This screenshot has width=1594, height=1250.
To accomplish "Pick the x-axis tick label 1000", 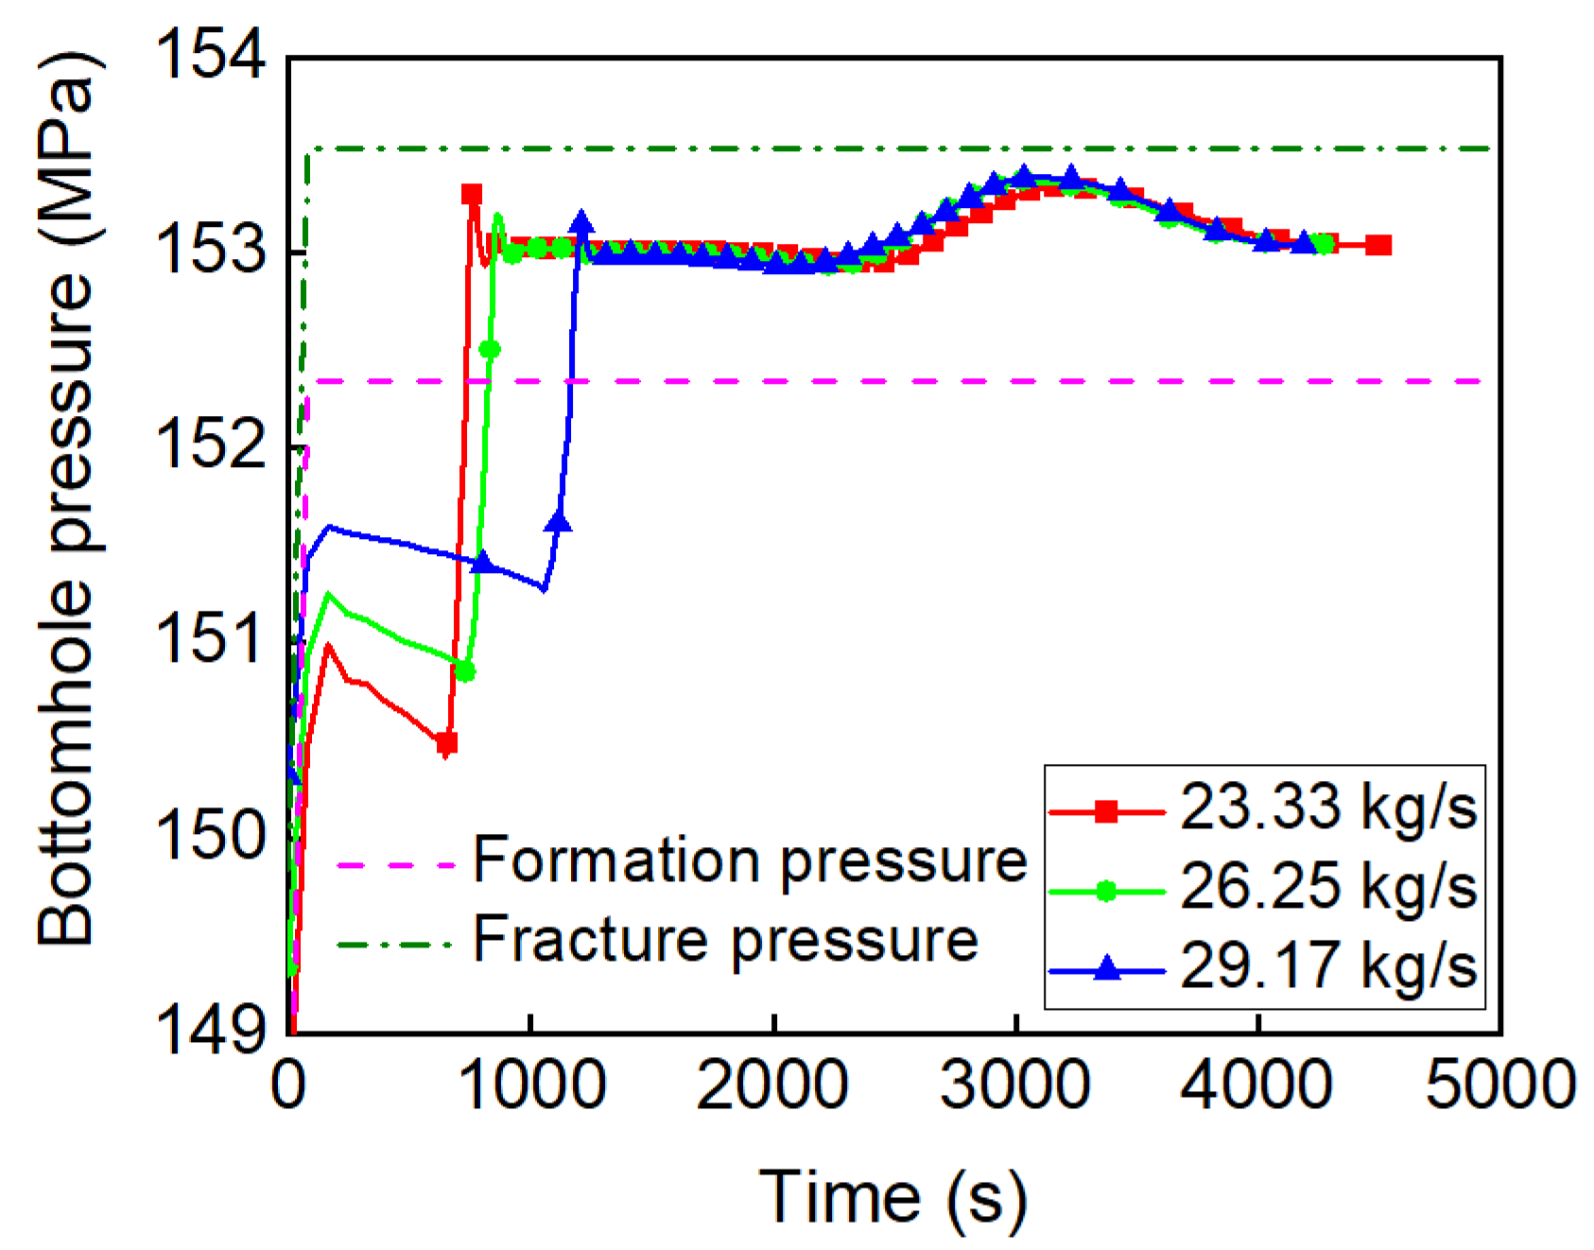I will click(x=531, y=1085).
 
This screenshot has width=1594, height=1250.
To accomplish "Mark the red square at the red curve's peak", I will click(x=471, y=194).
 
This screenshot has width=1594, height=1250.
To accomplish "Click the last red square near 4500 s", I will click(x=1379, y=245).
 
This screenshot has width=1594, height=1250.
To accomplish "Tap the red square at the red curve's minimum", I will click(x=446, y=743).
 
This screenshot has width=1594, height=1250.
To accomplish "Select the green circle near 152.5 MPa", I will click(x=489, y=350).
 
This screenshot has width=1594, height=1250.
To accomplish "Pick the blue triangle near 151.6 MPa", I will click(x=558, y=522).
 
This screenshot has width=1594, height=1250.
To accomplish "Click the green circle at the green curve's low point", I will click(x=464, y=671).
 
